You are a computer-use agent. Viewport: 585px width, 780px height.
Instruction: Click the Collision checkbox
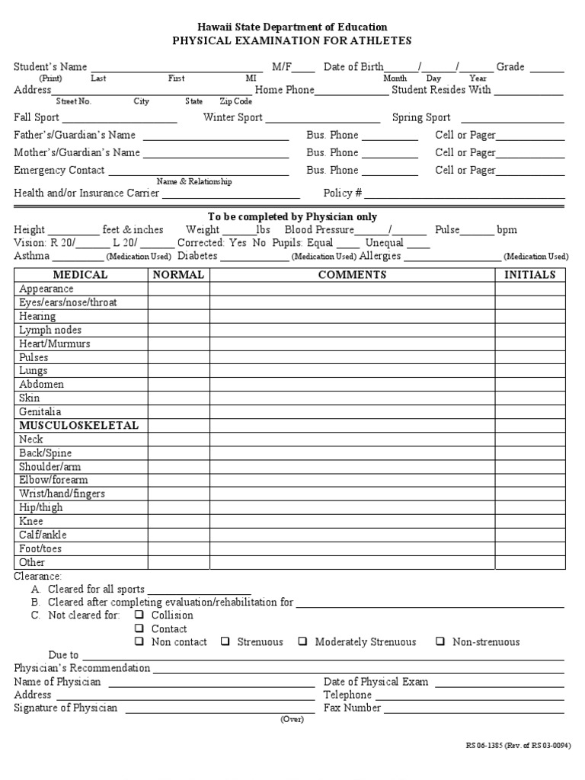(139, 615)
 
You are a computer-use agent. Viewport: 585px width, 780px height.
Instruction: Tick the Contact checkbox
(139, 628)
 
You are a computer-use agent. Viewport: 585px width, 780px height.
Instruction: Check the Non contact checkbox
(139, 641)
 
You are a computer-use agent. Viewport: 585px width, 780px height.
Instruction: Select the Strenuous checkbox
(225, 641)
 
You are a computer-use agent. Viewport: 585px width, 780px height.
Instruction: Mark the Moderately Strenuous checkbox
(303, 641)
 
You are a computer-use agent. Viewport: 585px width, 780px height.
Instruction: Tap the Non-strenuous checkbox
(440, 641)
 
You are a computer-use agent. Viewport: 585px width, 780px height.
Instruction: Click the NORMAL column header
(178, 275)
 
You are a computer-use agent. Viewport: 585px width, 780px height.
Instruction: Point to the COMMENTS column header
(352, 275)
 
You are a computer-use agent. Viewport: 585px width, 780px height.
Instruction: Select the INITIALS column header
(529, 275)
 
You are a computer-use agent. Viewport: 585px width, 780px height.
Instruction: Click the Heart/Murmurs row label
(55, 344)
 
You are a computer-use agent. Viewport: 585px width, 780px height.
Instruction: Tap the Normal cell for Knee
(178, 522)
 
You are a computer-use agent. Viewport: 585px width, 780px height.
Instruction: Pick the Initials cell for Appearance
(529, 289)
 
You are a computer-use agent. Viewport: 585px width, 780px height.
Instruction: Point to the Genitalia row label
(40, 411)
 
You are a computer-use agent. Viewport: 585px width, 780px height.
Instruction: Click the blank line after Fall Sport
(120, 121)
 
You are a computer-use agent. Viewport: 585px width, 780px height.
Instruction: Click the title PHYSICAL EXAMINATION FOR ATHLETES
(292, 40)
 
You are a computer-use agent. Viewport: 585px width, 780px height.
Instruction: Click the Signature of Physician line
(219, 712)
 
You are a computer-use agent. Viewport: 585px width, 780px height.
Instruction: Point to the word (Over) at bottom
(292, 720)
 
